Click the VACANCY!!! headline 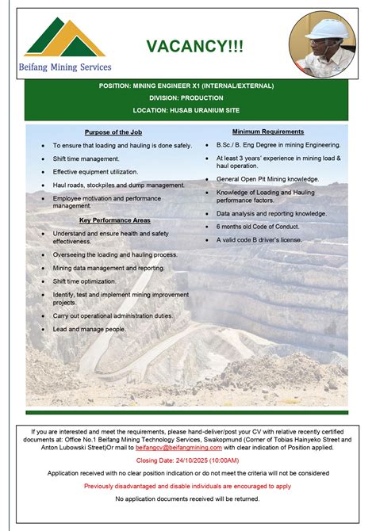194,47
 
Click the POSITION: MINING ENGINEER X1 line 187,85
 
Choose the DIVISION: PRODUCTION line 187,97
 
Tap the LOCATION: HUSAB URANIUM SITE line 187,110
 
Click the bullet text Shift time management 86,159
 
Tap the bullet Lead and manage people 90,328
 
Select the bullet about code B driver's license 259,239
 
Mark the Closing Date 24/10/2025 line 188,460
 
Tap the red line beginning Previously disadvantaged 188,485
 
